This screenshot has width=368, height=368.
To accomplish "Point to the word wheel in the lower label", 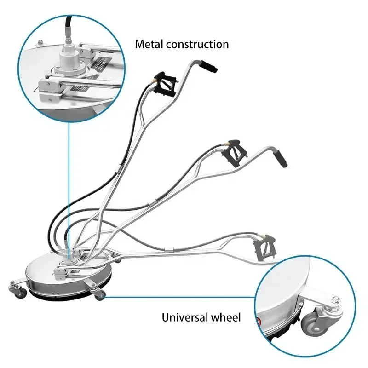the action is pyautogui.click(x=225, y=317).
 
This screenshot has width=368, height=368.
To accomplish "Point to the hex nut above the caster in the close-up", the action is pyautogui.click(x=335, y=301).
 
